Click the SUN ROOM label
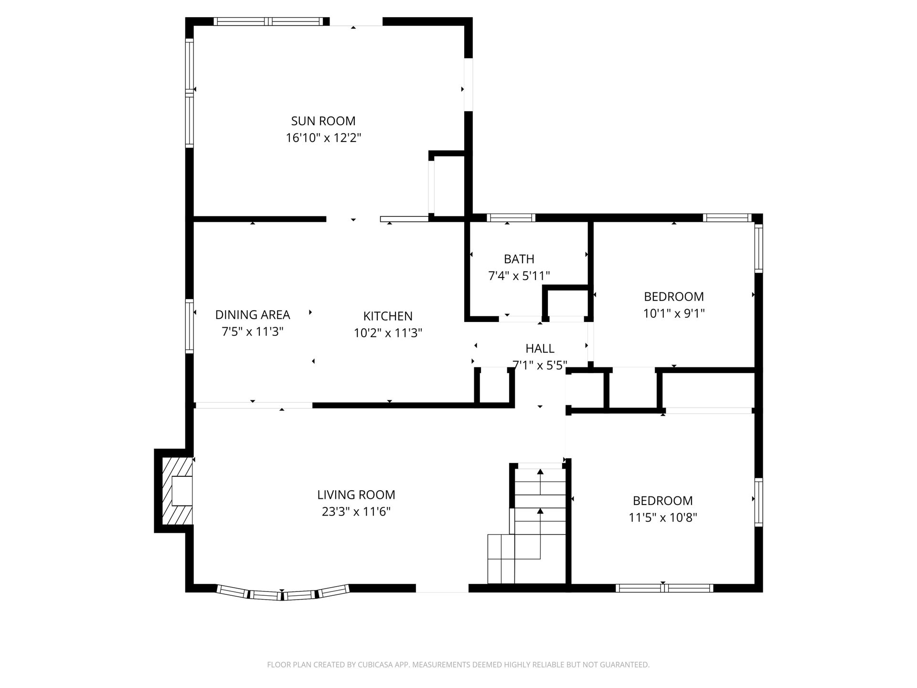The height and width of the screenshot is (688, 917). pyautogui.click(x=323, y=121)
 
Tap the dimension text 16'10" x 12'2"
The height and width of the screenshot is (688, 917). pyautogui.click(x=323, y=138)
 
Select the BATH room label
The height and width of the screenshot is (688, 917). pyautogui.click(x=519, y=259)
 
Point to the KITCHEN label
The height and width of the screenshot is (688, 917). pyautogui.click(x=388, y=316)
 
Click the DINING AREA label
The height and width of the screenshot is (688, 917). pyautogui.click(x=253, y=314)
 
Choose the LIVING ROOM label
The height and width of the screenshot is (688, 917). pyautogui.click(x=356, y=494)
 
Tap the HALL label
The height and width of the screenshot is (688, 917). pyautogui.click(x=540, y=348)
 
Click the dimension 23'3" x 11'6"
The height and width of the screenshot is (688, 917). pyautogui.click(x=356, y=512)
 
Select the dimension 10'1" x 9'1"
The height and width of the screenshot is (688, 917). pyautogui.click(x=674, y=313)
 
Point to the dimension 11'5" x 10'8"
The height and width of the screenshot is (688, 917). pyautogui.click(x=663, y=517)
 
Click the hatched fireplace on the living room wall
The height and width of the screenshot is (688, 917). pyautogui.click(x=177, y=491)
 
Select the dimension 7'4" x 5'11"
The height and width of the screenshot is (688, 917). pyautogui.click(x=519, y=276)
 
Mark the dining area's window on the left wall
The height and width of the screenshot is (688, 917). pyautogui.click(x=190, y=326)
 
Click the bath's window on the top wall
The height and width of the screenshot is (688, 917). pyautogui.click(x=511, y=218)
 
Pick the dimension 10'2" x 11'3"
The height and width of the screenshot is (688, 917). pyautogui.click(x=388, y=333)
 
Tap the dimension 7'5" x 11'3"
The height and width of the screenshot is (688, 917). pyautogui.click(x=253, y=332)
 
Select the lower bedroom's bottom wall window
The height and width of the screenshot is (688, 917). pyautogui.click(x=664, y=588)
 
